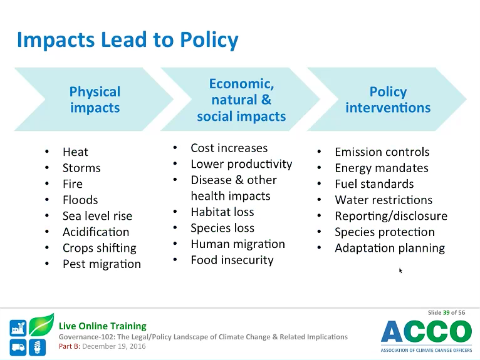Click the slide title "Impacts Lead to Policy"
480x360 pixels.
[x=127, y=40]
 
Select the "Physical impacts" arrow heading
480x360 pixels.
[x=95, y=100]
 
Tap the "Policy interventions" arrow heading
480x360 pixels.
[x=388, y=100]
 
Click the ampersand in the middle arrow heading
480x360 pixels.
[x=266, y=100]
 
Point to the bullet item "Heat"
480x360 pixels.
[x=75, y=152]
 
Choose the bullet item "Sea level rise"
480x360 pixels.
[x=97, y=216]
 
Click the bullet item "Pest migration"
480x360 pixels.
[x=102, y=264]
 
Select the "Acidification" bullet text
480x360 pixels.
[x=96, y=232]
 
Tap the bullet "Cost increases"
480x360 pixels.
[x=229, y=148]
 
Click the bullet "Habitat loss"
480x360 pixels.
[x=222, y=212]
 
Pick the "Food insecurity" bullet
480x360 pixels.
[x=232, y=260]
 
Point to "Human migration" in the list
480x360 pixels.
[x=238, y=244]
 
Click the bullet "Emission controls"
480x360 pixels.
[x=382, y=152]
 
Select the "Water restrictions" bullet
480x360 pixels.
[x=383, y=200]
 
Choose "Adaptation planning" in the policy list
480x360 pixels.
[x=390, y=248]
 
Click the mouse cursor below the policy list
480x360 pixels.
[x=400, y=270]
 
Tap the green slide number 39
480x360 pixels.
[x=446, y=312]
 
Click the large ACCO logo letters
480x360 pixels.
[x=427, y=331]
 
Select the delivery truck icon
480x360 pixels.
[x=18, y=347]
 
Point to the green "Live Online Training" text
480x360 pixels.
[x=103, y=326]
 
